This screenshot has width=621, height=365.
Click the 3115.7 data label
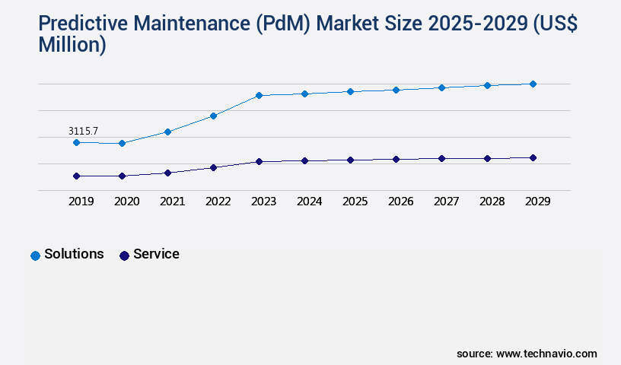tap(83, 132)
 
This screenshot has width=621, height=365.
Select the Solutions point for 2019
tap(76, 142)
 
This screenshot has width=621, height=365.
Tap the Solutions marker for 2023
tap(259, 95)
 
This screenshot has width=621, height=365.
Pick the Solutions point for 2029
tap(533, 84)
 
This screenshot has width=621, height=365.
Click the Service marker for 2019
tap(76, 176)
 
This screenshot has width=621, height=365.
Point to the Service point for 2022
tap(213, 167)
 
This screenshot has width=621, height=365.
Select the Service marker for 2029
tap(533, 157)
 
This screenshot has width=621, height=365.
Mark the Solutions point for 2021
tap(167, 132)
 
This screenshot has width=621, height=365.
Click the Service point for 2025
tap(350, 160)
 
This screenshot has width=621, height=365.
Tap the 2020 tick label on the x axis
tap(126, 202)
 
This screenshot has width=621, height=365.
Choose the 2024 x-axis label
tap(309, 202)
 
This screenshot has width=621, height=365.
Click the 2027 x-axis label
tap(446, 202)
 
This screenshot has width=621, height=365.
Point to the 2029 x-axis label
tap(537, 202)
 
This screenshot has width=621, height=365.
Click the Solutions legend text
tap(74, 254)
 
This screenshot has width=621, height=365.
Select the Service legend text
tap(156, 254)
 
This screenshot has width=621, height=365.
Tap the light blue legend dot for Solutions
tap(35, 255)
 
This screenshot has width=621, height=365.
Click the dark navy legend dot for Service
tap(124, 255)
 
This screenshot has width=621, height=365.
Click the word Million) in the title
tap(72, 46)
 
